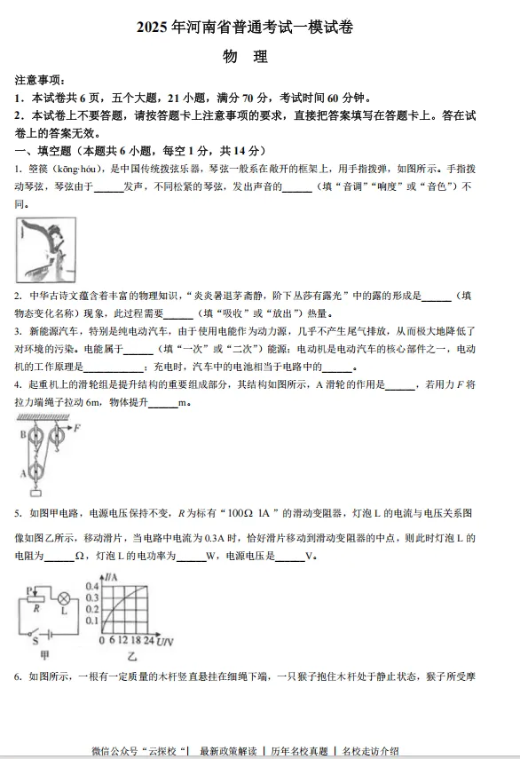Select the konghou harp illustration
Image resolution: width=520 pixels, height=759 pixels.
46,250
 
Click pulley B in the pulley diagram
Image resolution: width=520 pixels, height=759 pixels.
35,436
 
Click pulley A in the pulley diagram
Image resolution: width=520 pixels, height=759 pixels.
36,473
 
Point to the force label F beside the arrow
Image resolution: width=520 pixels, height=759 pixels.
77,427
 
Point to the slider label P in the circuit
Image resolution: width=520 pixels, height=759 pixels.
30,588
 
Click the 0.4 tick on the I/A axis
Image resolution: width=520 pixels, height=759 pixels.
91,586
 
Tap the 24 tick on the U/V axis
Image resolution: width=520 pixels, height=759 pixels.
148,640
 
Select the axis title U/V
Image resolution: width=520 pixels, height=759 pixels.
165,640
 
